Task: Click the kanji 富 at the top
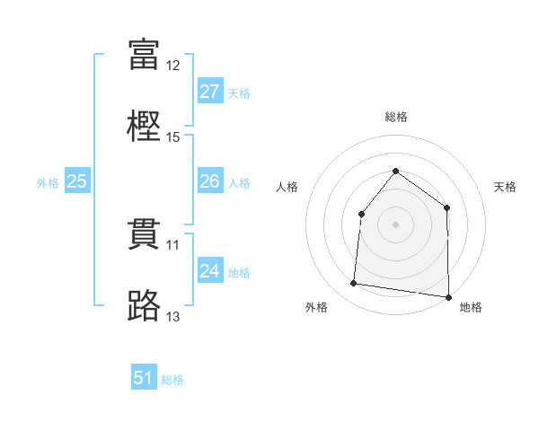pyautogui.click(x=144, y=54)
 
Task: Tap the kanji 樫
pyautogui.click(x=144, y=126)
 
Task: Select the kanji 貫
pyautogui.click(x=144, y=234)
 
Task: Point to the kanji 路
pyautogui.click(x=144, y=305)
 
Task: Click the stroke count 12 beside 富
pyautogui.click(x=172, y=66)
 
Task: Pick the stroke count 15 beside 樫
pyautogui.click(x=172, y=137)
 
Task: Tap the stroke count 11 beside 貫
pyautogui.click(x=172, y=245)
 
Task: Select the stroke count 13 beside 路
pyautogui.click(x=172, y=316)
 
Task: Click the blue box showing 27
pyautogui.click(x=210, y=91)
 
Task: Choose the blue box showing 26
pyautogui.click(x=210, y=180)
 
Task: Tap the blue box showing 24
pyautogui.click(x=210, y=269)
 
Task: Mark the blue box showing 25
pyautogui.click(x=77, y=180)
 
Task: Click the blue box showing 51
pyautogui.click(x=144, y=376)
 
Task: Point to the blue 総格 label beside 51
pyautogui.click(x=172, y=380)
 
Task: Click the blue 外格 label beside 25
pyautogui.click(x=48, y=183)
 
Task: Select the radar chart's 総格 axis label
pyautogui.click(x=396, y=117)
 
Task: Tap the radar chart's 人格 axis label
pyautogui.click(x=287, y=187)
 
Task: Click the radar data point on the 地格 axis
pyautogui.click(x=448, y=297)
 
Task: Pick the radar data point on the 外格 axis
pyautogui.click(x=353, y=283)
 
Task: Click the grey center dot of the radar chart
pyautogui.click(x=395, y=224)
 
